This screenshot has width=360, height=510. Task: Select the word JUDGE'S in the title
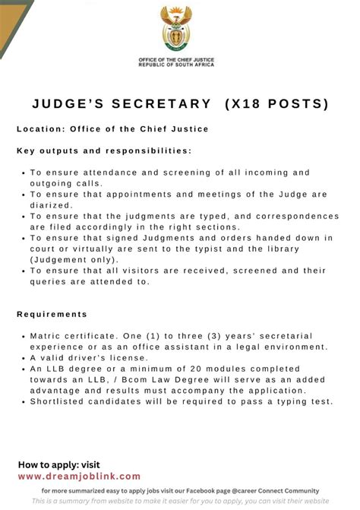68,103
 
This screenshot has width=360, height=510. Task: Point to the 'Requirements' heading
52,314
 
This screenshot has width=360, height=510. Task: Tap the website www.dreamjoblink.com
79,476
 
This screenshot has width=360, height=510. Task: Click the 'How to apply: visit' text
58,464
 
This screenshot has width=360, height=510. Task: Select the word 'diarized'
52,204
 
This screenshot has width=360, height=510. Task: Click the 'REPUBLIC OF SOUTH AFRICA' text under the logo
177,65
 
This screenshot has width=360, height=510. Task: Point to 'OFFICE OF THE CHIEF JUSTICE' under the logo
177,60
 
